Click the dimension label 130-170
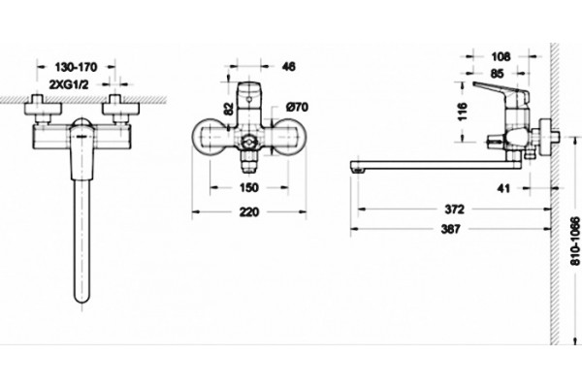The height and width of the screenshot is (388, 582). coord(76,67)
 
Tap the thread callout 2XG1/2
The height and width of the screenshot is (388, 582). coord(69,84)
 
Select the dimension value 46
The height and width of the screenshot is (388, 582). coord(289,67)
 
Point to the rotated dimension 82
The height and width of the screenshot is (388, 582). coord(229,109)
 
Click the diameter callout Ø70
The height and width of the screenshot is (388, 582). coord(297,108)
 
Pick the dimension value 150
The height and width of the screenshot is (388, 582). coord(248,188)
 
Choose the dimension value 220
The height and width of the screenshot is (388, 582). coord(248,212)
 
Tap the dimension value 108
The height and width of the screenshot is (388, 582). coord(501,57)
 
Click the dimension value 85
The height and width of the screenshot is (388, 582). coord(497,74)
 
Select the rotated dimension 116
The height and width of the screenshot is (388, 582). coord(462,112)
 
